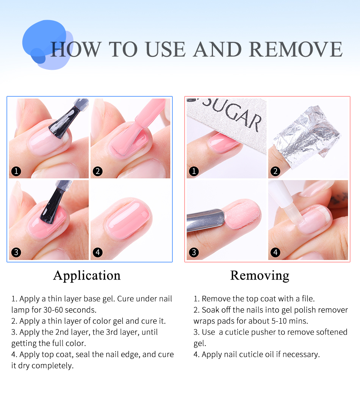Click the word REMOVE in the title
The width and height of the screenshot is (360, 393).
(x=296, y=49)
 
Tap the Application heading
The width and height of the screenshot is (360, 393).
(x=87, y=276)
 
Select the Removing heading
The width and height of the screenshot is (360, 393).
(x=260, y=276)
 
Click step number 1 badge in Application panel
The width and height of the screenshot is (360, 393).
(x=16, y=171)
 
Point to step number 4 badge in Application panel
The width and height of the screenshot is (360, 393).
(x=98, y=252)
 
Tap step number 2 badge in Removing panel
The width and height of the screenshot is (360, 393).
(x=275, y=171)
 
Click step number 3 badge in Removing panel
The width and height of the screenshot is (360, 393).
(x=194, y=252)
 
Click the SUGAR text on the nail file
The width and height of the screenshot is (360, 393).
(x=232, y=114)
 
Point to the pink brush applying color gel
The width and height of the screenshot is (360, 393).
(x=140, y=125)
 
